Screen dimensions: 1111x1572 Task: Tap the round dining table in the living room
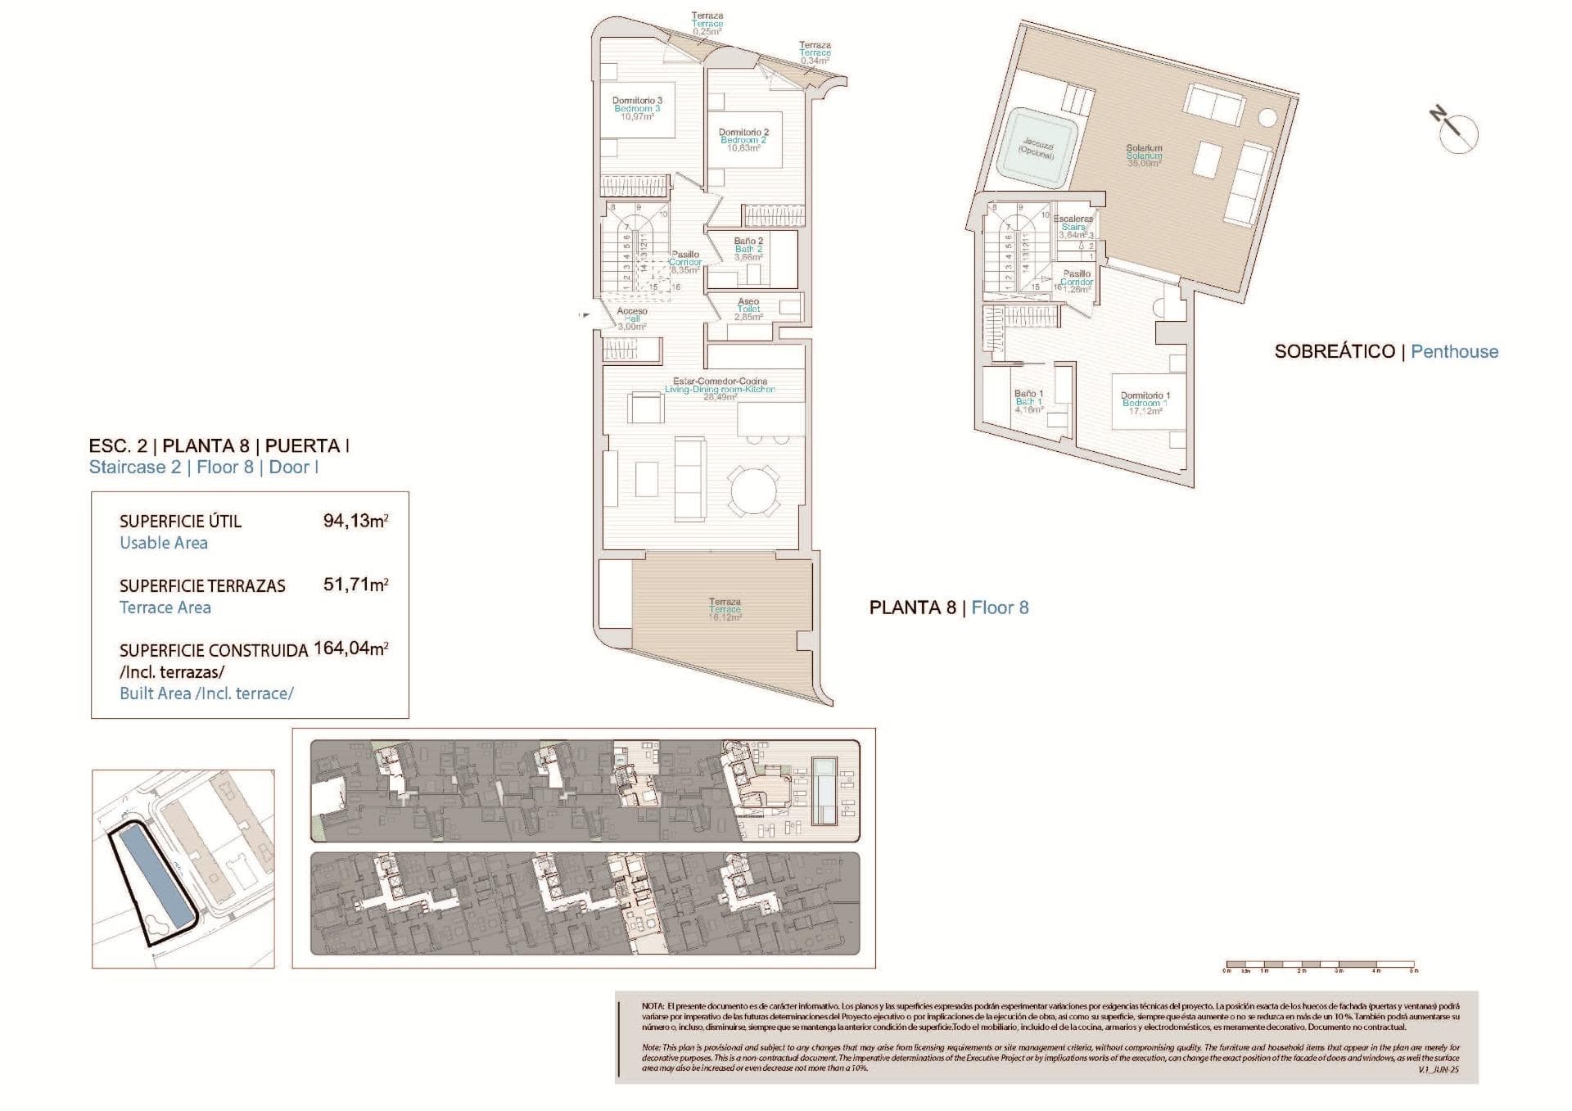coord(755,491)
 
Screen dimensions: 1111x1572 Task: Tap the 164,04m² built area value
coord(350,649)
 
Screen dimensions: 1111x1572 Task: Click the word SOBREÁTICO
coord(1335,352)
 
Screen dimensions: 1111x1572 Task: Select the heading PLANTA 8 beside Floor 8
coord(912,607)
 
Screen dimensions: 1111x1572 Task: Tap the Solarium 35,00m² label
coord(1144,156)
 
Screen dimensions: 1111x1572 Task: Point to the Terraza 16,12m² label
coord(725,609)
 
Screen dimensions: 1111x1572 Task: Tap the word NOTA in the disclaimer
coord(653,1005)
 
